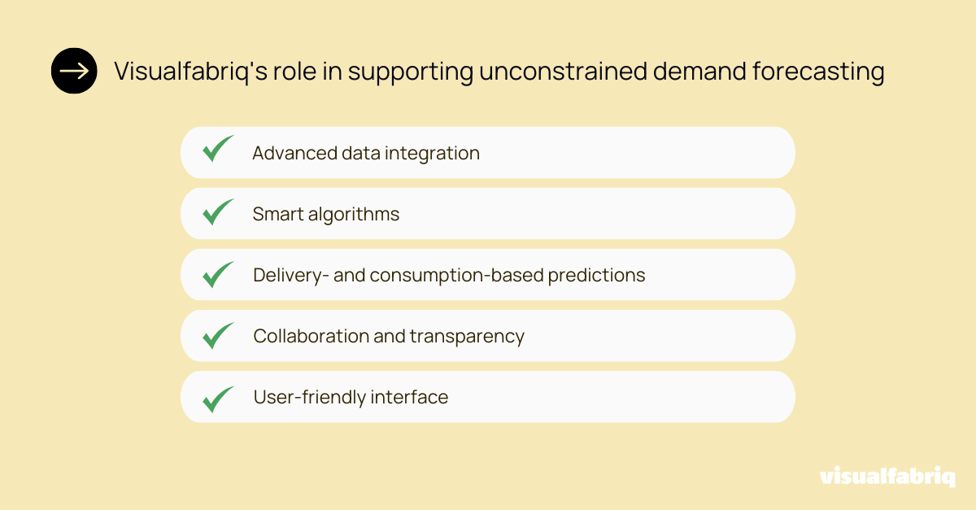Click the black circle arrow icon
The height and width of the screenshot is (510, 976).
[74, 72]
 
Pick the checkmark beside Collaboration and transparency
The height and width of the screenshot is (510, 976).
[218, 335]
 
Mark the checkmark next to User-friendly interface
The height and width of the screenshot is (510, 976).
[218, 397]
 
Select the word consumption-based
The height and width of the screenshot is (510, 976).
[456, 276]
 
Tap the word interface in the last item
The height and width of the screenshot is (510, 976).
[409, 398]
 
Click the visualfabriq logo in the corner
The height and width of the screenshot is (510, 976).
[887, 477]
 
